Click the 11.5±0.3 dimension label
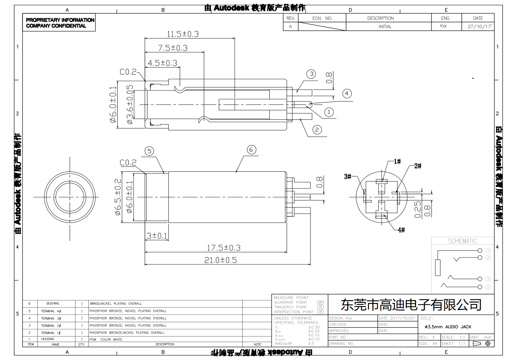tap(183, 34)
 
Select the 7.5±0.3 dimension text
tap(173, 48)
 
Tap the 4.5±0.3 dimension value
tap(162, 63)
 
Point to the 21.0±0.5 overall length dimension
tap(220, 260)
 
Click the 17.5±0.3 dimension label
tap(223, 248)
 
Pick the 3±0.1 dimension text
tap(156, 236)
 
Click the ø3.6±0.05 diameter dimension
tap(130, 104)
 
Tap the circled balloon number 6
tap(251, 150)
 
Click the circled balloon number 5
tap(149, 151)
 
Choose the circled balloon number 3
tap(311, 74)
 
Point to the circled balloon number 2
tap(317, 130)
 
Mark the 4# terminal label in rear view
tap(401, 230)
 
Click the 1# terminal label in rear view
tap(397, 161)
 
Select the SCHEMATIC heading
tap(462, 241)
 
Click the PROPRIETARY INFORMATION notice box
tap(59, 23)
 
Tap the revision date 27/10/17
tap(479, 27)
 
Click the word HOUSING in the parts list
tap(48, 339)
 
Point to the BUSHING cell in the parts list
tap(53, 304)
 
